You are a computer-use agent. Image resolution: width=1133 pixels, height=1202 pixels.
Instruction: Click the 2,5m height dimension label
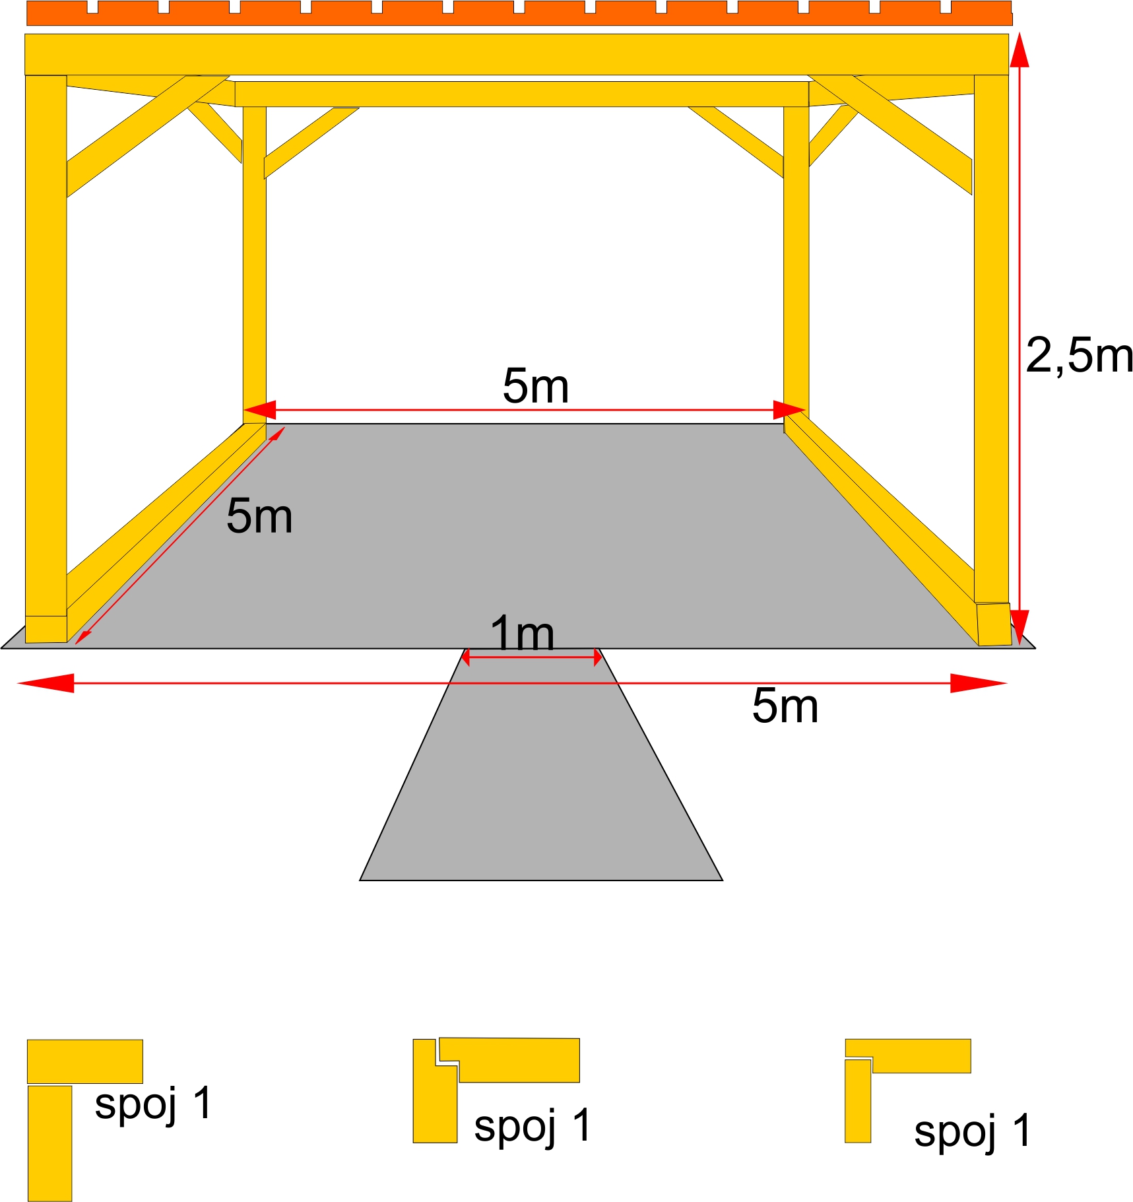(1078, 356)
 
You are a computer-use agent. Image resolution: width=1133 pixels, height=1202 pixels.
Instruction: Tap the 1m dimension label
(522, 634)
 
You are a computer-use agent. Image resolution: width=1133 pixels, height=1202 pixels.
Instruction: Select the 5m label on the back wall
(535, 386)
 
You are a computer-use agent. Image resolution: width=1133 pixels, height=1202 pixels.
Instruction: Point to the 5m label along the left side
(259, 516)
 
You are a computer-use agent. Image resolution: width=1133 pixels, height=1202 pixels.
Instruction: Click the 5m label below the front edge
(785, 706)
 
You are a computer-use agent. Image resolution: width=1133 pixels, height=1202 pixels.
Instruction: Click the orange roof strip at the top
(519, 16)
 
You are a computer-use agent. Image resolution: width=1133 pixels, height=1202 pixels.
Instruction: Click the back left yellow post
(255, 264)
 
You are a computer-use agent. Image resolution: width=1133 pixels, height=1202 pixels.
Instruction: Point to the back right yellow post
(796, 264)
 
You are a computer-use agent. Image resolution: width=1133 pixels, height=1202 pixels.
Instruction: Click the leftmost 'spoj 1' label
(152, 1103)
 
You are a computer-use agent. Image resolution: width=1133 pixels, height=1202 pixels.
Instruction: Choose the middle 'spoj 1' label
(532, 1125)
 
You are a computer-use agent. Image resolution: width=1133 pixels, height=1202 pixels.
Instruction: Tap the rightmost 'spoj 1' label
(972, 1130)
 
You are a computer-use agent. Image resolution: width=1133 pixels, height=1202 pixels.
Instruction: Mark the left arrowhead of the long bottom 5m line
(46, 683)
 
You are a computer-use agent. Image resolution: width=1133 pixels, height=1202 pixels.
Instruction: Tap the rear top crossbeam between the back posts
(521, 94)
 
